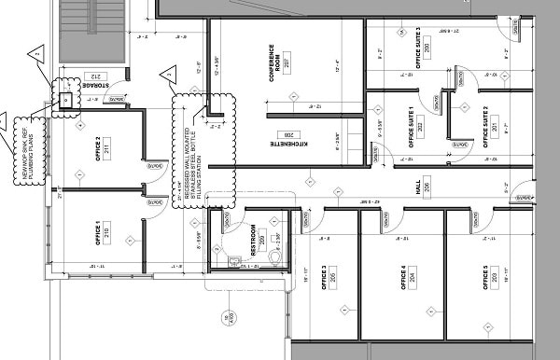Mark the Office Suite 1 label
click(410, 126)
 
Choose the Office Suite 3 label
click(416, 48)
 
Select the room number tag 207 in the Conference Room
click(286, 62)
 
